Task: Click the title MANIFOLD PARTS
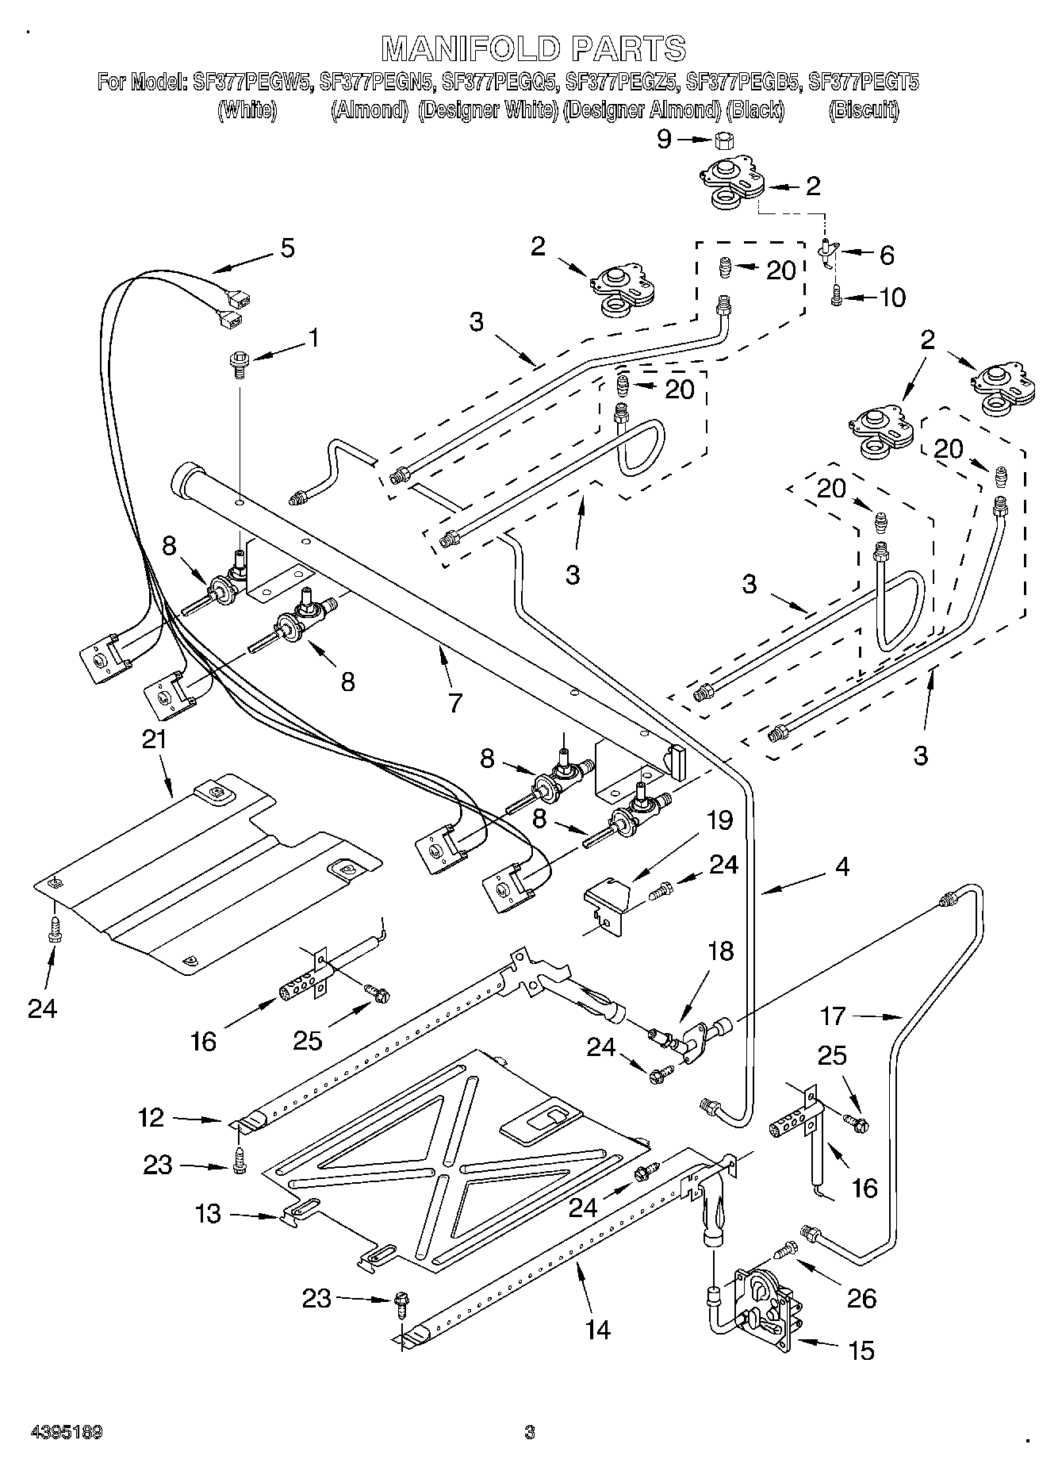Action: click(x=534, y=48)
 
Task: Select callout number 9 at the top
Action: click(x=664, y=140)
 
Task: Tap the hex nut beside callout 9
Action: click(x=723, y=140)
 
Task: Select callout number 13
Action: click(x=208, y=1214)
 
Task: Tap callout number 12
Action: click(x=151, y=1118)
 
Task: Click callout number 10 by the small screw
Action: click(x=892, y=298)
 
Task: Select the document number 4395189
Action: click(x=67, y=1432)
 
